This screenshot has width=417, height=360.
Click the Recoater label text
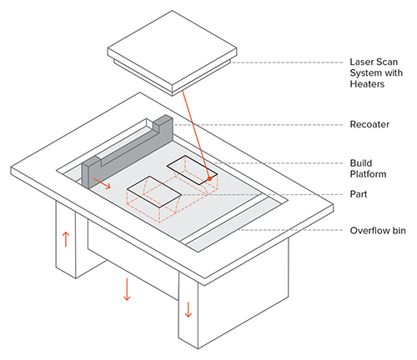[x=369, y=124]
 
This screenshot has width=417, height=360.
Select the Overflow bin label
[x=378, y=231]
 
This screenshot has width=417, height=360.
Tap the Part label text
[x=359, y=194]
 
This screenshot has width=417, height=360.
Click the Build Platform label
[x=368, y=168]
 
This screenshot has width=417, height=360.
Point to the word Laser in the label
[x=359, y=62]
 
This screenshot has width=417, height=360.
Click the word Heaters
[x=367, y=84]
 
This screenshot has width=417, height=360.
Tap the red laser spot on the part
[x=209, y=178]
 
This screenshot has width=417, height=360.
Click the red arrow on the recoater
[x=102, y=183]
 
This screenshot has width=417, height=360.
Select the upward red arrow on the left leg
[x=66, y=239]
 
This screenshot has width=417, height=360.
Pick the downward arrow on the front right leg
[x=188, y=309]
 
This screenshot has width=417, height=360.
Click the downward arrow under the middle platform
[x=127, y=289]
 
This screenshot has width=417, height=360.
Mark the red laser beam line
[x=196, y=134]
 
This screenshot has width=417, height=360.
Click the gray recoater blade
[x=128, y=152]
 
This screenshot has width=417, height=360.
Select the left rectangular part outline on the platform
[x=154, y=192]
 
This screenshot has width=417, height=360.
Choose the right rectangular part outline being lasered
[x=192, y=170]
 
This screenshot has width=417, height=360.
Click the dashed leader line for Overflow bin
[x=289, y=230]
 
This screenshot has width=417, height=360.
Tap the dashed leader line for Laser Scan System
[x=288, y=62]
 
